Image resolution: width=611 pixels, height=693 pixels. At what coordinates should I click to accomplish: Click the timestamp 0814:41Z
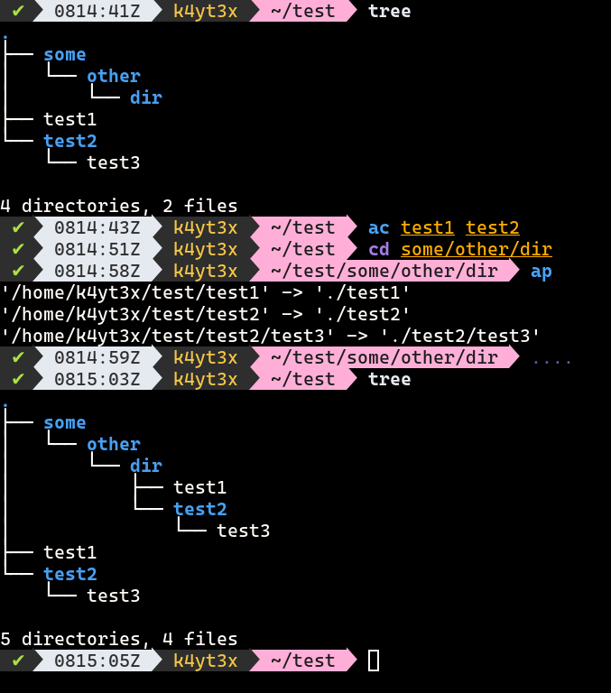97,11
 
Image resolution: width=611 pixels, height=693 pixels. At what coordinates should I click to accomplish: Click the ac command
379,228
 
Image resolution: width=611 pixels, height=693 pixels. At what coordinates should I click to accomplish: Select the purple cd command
379,250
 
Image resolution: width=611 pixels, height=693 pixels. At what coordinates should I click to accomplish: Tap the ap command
542,272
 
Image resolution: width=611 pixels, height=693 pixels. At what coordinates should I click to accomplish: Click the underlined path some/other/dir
477,250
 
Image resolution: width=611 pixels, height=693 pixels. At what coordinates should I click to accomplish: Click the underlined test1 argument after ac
428,228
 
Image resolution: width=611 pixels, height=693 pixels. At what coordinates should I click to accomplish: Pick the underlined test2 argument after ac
493,228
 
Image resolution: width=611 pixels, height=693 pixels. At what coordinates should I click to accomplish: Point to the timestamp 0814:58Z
97,272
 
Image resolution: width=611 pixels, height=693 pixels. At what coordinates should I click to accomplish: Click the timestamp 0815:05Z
97,661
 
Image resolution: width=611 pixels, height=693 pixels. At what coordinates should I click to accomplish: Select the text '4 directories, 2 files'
119,207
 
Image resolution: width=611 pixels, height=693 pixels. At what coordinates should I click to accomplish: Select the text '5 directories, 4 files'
119,640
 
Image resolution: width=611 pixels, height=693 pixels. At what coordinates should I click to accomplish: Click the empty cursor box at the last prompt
374,661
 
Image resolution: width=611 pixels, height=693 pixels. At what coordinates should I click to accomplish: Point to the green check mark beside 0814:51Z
18,250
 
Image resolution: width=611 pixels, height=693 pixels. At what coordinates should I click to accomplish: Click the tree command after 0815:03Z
390,380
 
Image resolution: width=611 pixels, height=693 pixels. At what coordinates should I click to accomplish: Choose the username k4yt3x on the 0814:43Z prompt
205,228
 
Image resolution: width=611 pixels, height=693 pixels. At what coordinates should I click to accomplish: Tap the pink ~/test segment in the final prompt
301,661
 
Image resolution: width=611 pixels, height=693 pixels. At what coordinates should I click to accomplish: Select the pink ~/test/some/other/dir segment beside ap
383,272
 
